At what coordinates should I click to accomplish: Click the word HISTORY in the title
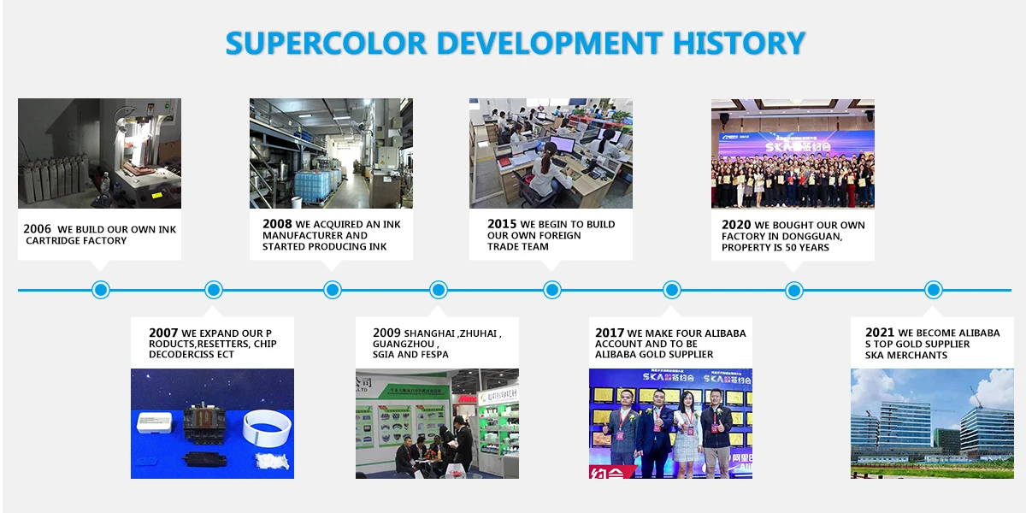(739, 44)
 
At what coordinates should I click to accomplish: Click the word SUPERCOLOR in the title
(326, 44)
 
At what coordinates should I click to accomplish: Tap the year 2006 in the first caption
(37, 228)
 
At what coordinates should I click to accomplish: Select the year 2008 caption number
(277, 224)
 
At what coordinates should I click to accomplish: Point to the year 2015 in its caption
(502, 224)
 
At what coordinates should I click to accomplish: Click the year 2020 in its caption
(736, 225)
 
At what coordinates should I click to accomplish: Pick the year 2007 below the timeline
(163, 333)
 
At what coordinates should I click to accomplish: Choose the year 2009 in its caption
(387, 333)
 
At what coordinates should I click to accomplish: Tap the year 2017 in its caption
(610, 333)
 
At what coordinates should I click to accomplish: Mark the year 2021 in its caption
(880, 333)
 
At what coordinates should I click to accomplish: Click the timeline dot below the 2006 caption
(101, 290)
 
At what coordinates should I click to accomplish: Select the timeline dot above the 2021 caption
(934, 290)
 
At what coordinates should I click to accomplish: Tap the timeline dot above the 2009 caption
(439, 290)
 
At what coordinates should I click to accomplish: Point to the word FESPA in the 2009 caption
(434, 355)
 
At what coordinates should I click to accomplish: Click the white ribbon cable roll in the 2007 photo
(267, 427)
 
